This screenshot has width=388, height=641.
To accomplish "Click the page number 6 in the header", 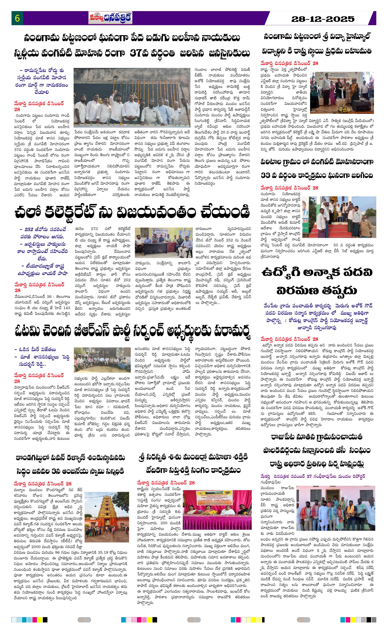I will pyautogui.click(x=17, y=19).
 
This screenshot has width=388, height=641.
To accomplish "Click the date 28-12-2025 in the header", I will pyautogui.click(x=323, y=19).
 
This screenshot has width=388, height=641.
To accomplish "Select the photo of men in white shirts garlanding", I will pyautogui.click(x=132, y=97).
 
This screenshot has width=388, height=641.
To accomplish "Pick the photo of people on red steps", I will pyautogui.click(x=339, y=217).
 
